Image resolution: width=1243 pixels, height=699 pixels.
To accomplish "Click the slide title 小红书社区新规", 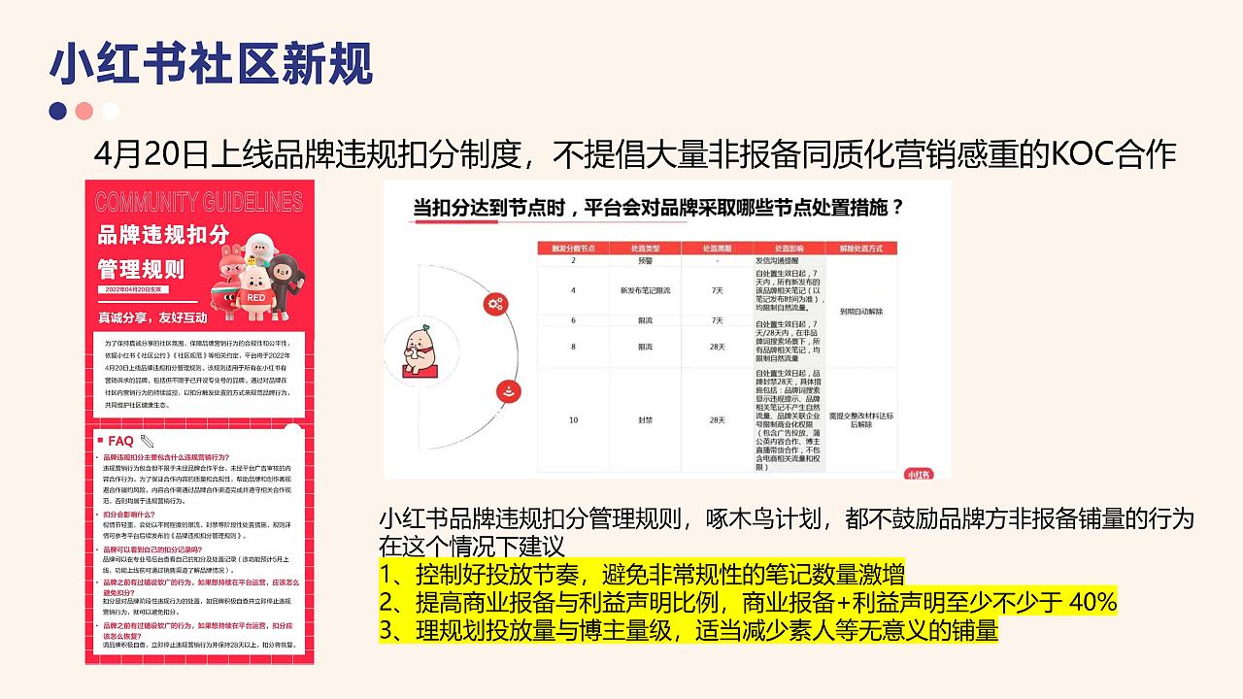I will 211,64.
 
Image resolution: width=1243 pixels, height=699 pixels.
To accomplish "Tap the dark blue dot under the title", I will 58,111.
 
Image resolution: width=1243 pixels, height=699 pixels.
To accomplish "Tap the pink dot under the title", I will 84,111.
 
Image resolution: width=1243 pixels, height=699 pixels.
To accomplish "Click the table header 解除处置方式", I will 860,249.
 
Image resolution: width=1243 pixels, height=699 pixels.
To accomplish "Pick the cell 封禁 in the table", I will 645,420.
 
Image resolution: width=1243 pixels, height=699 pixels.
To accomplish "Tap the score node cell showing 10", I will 573,420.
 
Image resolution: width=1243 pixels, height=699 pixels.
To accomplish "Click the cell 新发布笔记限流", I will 645,290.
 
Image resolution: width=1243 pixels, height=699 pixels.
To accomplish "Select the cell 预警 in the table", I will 645,261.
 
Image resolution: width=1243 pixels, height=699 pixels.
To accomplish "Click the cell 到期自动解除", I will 860,313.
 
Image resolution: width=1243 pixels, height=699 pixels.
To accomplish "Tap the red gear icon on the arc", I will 495,304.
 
